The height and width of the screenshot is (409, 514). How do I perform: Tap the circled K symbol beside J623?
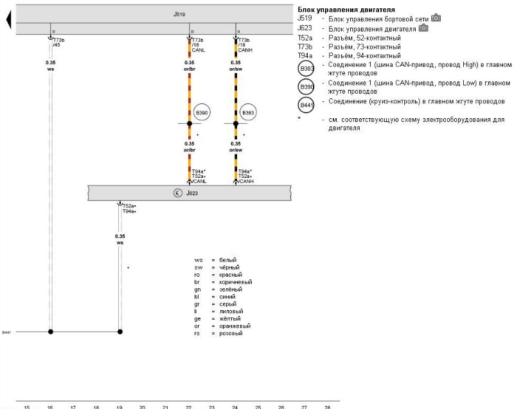point(177,193)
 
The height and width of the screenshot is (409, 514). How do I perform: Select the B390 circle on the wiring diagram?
point(202,113)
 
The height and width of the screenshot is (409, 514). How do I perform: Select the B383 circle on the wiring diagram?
point(249,113)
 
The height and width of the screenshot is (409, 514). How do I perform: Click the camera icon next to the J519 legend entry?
point(436,18)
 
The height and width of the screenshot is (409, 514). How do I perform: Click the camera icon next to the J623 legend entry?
point(423,28)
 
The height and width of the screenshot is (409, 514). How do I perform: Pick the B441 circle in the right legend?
point(306,105)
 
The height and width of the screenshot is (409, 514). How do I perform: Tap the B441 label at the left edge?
point(6,333)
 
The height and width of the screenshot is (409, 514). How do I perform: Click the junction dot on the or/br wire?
point(190,123)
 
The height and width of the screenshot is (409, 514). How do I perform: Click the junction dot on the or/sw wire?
point(236,123)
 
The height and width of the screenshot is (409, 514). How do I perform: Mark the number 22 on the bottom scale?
point(189,406)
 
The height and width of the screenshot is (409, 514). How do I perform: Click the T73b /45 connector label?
point(58,42)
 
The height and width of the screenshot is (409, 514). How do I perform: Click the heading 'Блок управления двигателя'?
point(346,10)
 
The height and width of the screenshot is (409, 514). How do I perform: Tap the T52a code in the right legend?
point(305,38)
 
